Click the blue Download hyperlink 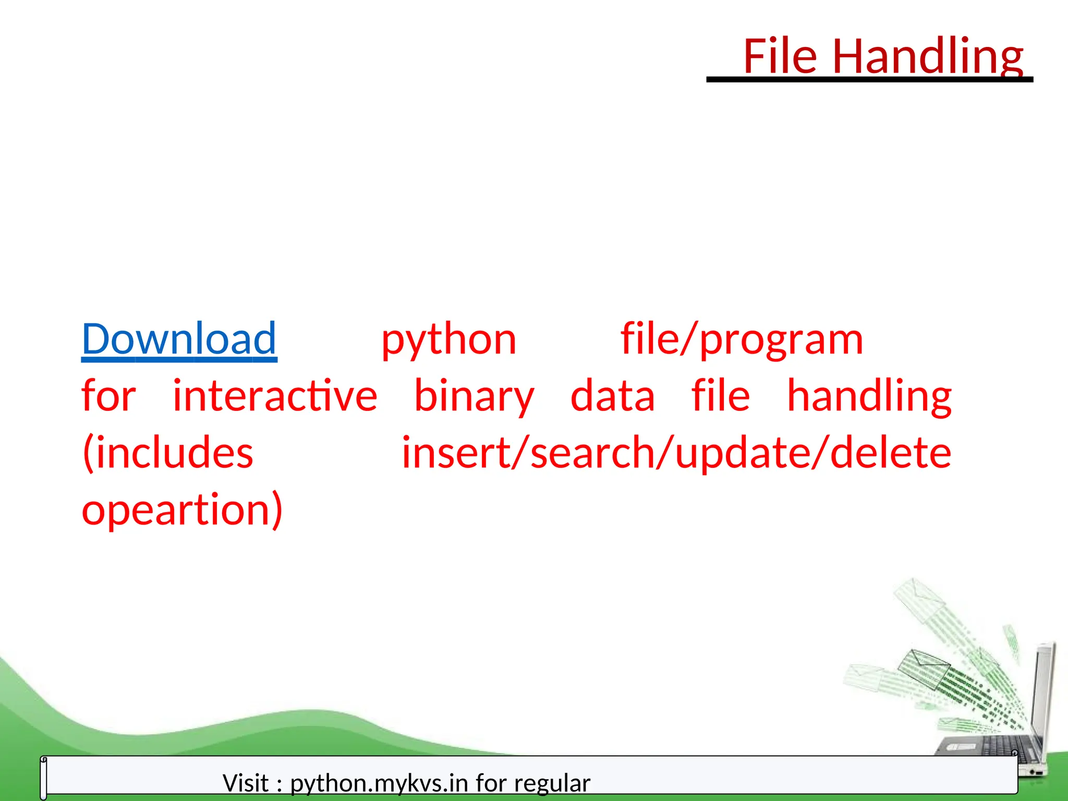click(x=179, y=339)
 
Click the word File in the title click(x=780, y=56)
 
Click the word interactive click(x=275, y=396)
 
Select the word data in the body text click(x=612, y=396)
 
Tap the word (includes click(x=168, y=453)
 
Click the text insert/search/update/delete click(x=676, y=453)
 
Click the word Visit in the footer click(x=246, y=783)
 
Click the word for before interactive click(x=108, y=396)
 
